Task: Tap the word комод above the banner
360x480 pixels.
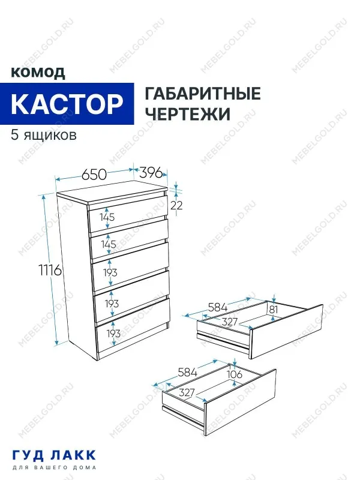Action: pos(38,73)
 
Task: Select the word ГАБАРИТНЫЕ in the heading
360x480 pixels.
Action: pos(203,94)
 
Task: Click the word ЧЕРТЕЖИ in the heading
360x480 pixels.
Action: pos(188,114)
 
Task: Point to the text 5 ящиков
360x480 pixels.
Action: pos(44,134)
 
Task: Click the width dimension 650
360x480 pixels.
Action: pos(94,175)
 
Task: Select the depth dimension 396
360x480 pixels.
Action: pos(151,173)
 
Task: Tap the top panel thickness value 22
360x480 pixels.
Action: pos(176,205)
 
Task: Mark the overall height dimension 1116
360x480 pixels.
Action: pos(50,271)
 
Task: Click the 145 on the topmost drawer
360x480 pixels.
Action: pos(107,217)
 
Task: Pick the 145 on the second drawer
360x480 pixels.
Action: pos(109,245)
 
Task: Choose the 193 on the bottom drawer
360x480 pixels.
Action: pos(114,333)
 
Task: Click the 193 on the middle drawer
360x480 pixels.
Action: pos(110,272)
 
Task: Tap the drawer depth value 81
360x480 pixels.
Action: pos(274,309)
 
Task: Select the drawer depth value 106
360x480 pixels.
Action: pos(235,375)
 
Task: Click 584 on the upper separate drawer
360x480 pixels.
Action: pos(217,307)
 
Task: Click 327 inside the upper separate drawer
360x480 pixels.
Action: pos(231,322)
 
